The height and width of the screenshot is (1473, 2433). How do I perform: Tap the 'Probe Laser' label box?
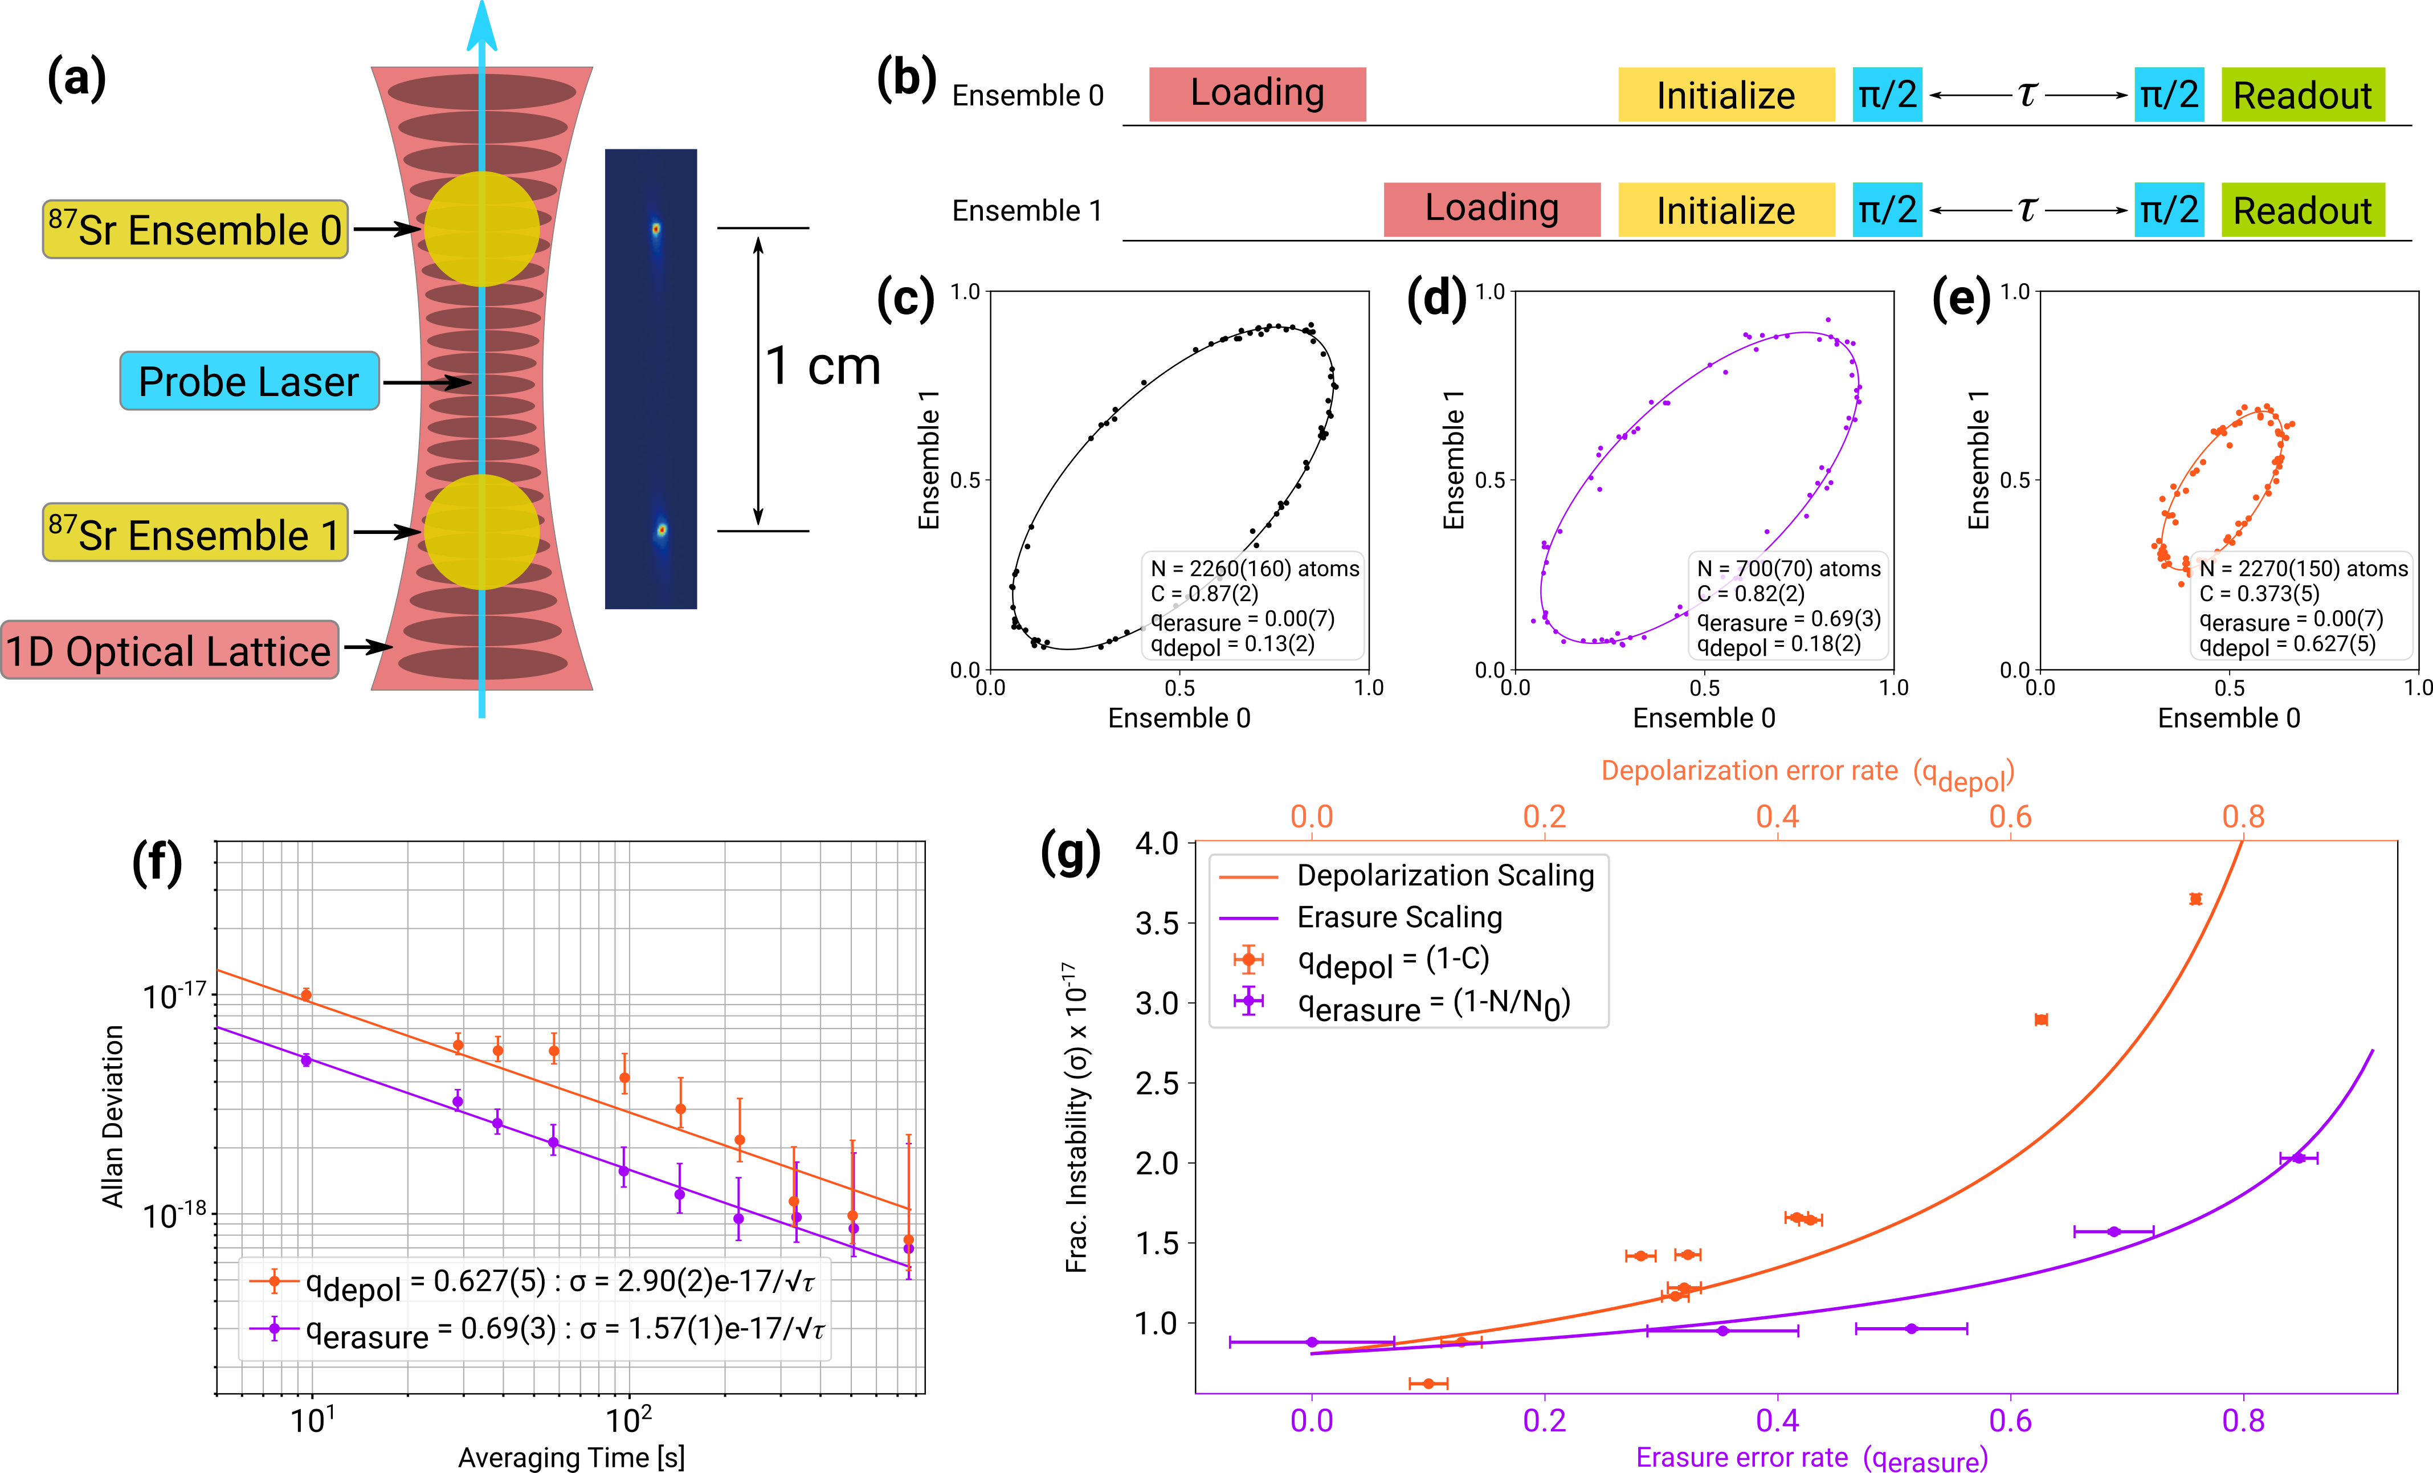pyautogui.click(x=249, y=381)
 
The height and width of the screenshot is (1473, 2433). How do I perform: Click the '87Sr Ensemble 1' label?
pyautogui.click(x=195, y=533)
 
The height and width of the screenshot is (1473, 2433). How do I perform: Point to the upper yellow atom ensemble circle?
pyautogui.click(x=482, y=229)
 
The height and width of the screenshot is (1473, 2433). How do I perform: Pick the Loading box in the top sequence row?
pyautogui.click(x=1257, y=95)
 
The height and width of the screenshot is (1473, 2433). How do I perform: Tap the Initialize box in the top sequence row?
pyautogui.click(x=1726, y=95)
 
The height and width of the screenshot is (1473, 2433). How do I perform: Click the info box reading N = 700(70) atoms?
pyautogui.click(x=1788, y=605)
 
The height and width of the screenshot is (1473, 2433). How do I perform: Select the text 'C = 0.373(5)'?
pyautogui.click(x=2259, y=593)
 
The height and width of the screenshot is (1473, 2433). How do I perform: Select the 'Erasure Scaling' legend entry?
pyautogui.click(x=1399, y=917)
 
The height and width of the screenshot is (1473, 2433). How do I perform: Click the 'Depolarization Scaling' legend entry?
pyautogui.click(x=1444, y=876)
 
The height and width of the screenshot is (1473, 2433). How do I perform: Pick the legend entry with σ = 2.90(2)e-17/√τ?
pyautogui.click(x=533, y=1283)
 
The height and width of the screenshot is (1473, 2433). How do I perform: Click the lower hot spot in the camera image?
pyautogui.click(x=662, y=530)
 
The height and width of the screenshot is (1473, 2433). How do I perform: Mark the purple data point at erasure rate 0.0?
pyautogui.click(x=1311, y=1342)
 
